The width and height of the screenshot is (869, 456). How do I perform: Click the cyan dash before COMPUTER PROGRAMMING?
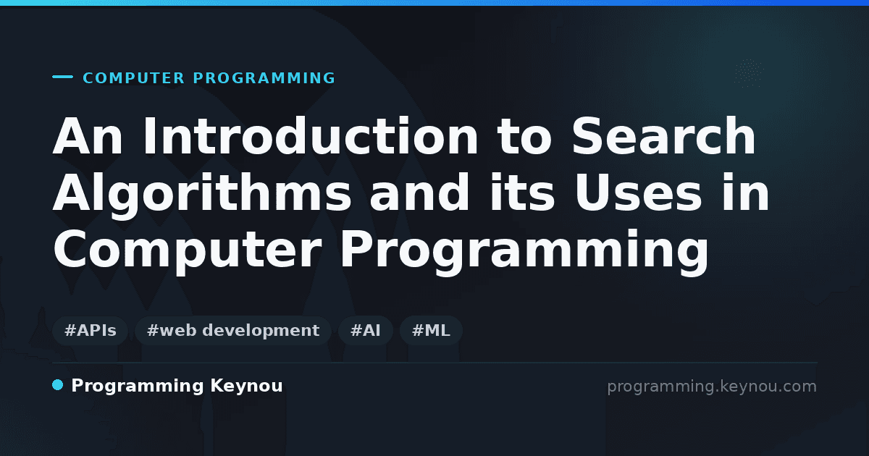tap(62, 77)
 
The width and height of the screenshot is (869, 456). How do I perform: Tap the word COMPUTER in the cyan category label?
tap(134, 78)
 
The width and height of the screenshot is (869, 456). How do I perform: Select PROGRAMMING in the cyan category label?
tap(264, 78)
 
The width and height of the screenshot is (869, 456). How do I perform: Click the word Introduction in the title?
tap(311, 136)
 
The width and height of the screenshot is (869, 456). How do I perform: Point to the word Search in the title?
tap(663, 136)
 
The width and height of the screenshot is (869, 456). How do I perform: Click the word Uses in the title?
tap(639, 193)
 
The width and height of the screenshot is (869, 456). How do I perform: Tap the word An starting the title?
tap(88, 136)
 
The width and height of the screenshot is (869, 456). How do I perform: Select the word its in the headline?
tap(522, 193)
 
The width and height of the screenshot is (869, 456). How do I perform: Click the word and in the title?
tap(419, 193)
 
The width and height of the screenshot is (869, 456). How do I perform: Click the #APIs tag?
tap(90, 330)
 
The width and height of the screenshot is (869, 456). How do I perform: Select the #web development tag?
tap(233, 330)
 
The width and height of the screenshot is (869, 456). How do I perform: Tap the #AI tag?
tap(366, 330)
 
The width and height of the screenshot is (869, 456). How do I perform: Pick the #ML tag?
tap(431, 330)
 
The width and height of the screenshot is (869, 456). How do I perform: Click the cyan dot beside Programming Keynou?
tap(57, 385)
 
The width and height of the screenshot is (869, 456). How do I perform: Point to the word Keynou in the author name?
tap(246, 387)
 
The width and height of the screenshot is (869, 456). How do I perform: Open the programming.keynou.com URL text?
tap(712, 387)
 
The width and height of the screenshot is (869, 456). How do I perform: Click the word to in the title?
tap(524, 137)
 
